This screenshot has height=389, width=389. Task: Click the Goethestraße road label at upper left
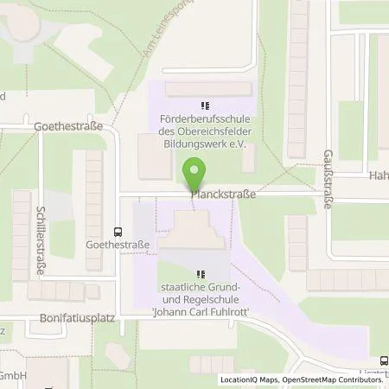point(67,125)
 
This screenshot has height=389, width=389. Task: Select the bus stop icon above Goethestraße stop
point(118,231)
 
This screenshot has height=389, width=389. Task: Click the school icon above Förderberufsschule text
point(205,106)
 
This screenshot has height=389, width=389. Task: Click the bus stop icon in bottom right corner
point(383,360)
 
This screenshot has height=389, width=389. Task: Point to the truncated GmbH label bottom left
point(13,375)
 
